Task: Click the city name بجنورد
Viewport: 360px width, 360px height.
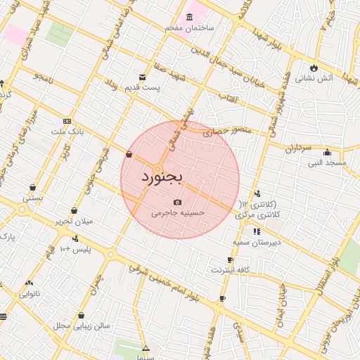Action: pyautogui.click(x=162, y=176)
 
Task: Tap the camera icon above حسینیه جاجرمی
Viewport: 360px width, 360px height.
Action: pyautogui.click(x=177, y=202)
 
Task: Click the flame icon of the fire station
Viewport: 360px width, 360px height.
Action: pyautogui.click(x=314, y=67)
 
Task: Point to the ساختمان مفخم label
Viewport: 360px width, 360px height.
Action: pyautogui.click(x=189, y=27)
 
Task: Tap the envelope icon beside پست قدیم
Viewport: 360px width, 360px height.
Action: pyautogui.click(x=143, y=77)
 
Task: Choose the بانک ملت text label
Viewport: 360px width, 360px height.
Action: pyautogui.click(x=67, y=131)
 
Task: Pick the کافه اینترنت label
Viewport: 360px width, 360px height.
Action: pyautogui.click(x=231, y=270)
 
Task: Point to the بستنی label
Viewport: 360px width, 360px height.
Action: pyautogui.click(x=33, y=198)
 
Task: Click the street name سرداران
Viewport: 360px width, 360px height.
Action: pyautogui.click(x=297, y=148)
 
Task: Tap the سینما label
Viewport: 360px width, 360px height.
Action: pyautogui.click(x=146, y=357)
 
